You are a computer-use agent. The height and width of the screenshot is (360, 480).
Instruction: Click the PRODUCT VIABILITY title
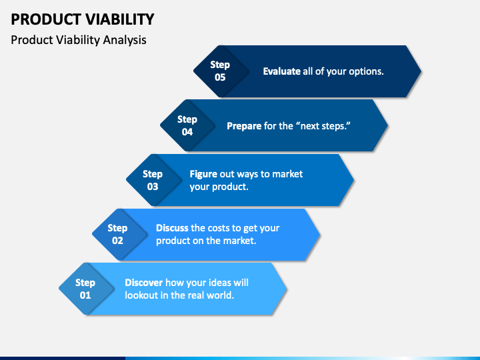click(83, 19)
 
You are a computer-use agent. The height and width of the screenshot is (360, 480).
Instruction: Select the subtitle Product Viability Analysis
click(79, 40)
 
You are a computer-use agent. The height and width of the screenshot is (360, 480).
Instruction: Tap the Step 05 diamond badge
click(221, 71)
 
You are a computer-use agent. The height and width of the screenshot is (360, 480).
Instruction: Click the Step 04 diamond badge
click(187, 125)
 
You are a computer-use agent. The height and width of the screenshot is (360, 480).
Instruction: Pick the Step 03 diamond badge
click(153, 180)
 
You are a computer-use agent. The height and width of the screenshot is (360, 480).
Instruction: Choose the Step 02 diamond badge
click(119, 235)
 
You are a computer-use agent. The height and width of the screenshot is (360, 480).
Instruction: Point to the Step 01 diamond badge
click(86, 289)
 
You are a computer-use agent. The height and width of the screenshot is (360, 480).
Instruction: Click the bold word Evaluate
click(281, 71)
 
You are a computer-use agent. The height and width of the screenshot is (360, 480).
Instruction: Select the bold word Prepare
click(244, 126)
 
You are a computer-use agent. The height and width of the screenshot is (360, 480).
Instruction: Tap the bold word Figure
click(203, 174)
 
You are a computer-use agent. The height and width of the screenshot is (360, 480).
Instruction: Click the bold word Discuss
click(172, 228)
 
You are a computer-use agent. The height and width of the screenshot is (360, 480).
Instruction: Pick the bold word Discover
click(143, 283)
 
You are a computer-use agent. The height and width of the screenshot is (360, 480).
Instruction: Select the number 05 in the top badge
click(220, 77)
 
